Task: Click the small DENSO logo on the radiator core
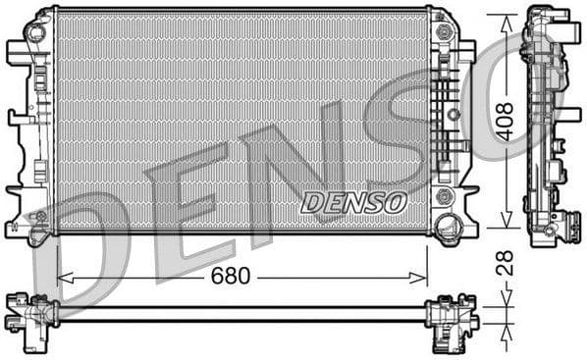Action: tap(352, 202)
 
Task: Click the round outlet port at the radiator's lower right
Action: tap(452, 228)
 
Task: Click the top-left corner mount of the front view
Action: tap(37, 31)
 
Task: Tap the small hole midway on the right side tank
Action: tap(453, 115)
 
